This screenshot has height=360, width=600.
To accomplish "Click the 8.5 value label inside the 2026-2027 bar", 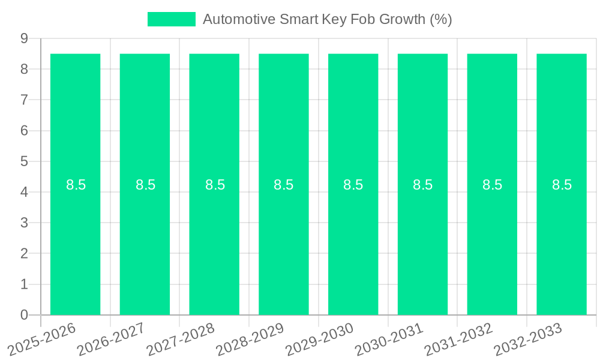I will pos(145,185).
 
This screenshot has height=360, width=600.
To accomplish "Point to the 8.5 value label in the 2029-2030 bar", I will pos(353,185).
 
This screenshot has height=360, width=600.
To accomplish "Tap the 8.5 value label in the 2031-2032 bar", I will pos(492,185).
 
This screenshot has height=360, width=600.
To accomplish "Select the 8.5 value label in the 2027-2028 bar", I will pos(215,185).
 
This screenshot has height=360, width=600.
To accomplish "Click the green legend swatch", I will pos(172,19).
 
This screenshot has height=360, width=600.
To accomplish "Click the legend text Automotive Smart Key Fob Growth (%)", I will pos(327,19).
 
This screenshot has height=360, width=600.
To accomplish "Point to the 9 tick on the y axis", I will pos(24,38).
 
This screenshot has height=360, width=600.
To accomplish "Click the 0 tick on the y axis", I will pos(24,315).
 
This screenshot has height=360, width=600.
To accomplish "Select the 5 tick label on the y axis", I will pos(24,161).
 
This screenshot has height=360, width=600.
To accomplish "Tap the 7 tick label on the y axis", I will pos(24,100).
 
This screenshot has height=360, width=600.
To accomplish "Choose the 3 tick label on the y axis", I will pos(24,223).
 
